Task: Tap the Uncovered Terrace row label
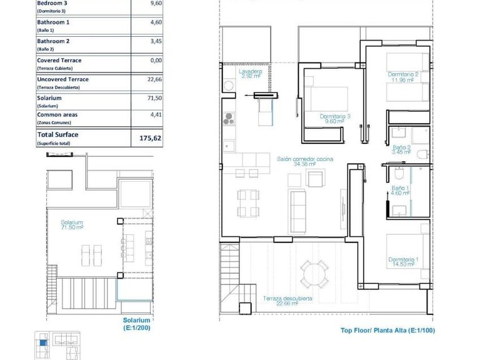[62, 79]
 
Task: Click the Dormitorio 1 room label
[403, 262]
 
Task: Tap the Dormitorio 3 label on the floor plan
[335, 119]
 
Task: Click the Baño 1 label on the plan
[401, 191]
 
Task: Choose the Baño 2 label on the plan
[401, 149]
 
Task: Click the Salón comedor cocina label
[305, 161]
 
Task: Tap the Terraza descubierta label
[287, 301]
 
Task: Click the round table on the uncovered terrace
[312, 274]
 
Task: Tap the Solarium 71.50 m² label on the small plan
[72, 224]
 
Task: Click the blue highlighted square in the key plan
[42, 341]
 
